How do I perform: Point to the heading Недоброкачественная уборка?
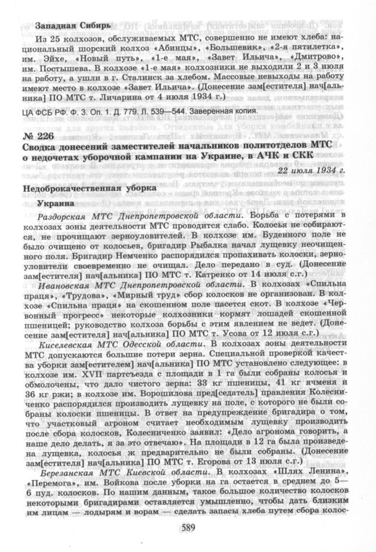[x=89, y=188]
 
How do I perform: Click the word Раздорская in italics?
[x=63, y=215]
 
